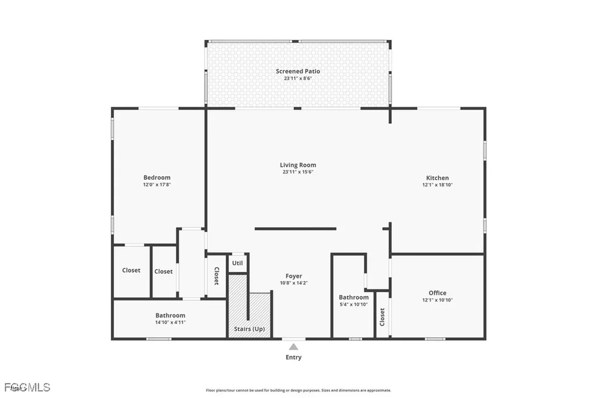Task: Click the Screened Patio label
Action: [298, 71]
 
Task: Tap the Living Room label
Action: [298, 165]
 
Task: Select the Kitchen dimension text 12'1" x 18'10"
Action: [437, 184]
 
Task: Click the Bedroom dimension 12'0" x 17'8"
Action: [157, 184]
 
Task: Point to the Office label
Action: [437, 293]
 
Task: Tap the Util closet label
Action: [237, 263]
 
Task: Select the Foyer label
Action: [294, 276]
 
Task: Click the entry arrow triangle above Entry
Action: [294, 347]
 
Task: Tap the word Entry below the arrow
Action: [294, 357]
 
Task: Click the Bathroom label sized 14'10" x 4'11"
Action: [170, 316]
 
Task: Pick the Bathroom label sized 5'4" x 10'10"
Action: [354, 297]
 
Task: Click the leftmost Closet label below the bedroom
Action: [131, 270]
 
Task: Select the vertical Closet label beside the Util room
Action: [216, 276]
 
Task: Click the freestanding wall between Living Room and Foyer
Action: [296, 229]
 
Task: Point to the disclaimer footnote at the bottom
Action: [298, 390]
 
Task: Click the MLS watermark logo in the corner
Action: [26, 387]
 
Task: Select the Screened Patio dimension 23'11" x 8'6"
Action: [298, 78]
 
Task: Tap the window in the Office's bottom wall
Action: [435, 338]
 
